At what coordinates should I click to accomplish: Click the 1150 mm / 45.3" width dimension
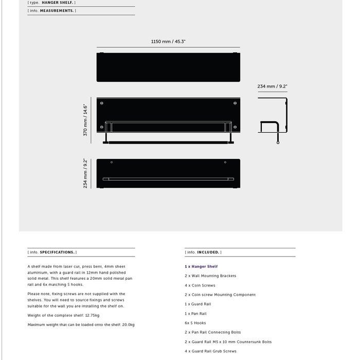pyautogui.click(x=168, y=42)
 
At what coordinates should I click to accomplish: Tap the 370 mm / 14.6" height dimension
pyautogui.click(x=86, y=120)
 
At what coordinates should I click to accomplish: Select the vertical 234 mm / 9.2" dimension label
pyautogui.click(x=86, y=173)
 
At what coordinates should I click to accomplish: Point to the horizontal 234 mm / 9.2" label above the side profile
pyautogui.click(x=272, y=86)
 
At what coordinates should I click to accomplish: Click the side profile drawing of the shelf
pyautogui.click(x=273, y=121)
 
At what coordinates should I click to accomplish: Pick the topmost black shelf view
pyautogui.click(x=168, y=67)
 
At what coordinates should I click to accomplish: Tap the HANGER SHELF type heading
pyautogui.click(x=58, y=3)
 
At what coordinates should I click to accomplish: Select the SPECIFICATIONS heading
pyautogui.click(x=58, y=252)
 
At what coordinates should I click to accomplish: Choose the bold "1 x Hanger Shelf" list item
pyautogui.click(x=201, y=266)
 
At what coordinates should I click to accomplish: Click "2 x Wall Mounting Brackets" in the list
pyautogui.click(x=210, y=276)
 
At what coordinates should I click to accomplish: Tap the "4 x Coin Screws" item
pyautogui.click(x=200, y=285)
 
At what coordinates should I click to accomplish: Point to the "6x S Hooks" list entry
pyautogui.click(x=195, y=323)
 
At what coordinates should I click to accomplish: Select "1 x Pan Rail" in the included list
pyautogui.click(x=195, y=314)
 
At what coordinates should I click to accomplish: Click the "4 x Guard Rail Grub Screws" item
pyautogui.click(x=210, y=351)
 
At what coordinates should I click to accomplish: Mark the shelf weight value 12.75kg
pyautogui.click(x=91, y=315)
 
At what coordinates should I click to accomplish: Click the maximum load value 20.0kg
pyautogui.click(x=127, y=325)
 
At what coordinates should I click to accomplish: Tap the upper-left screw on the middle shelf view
pyautogui.click(x=101, y=103)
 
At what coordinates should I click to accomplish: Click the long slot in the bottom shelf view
pyautogui.click(x=168, y=179)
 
